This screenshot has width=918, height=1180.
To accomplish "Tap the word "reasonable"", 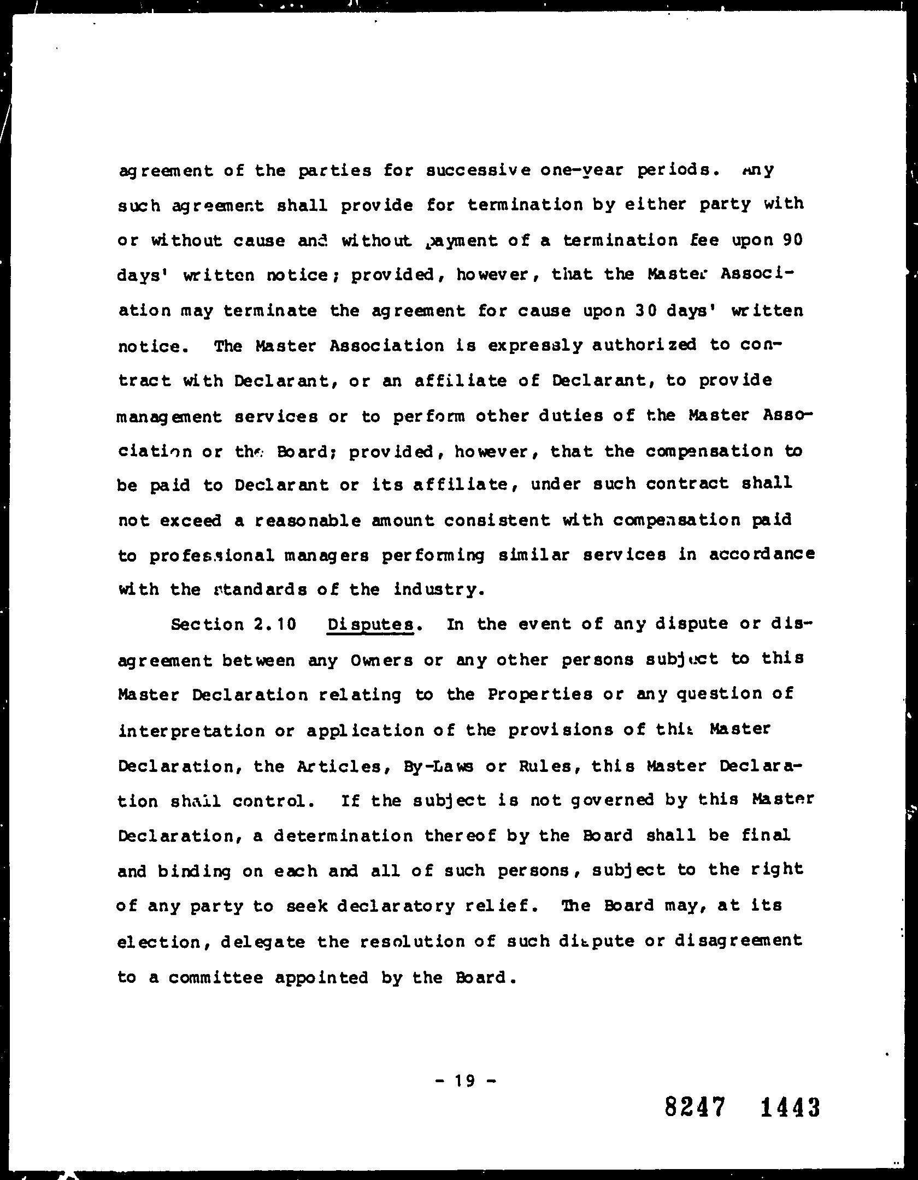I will click(308, 520).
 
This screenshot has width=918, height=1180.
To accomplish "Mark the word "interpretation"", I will click(191, 731).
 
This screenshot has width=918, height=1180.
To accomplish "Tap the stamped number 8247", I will click(696, 1108).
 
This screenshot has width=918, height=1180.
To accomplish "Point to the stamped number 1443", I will click(790, 1108).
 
